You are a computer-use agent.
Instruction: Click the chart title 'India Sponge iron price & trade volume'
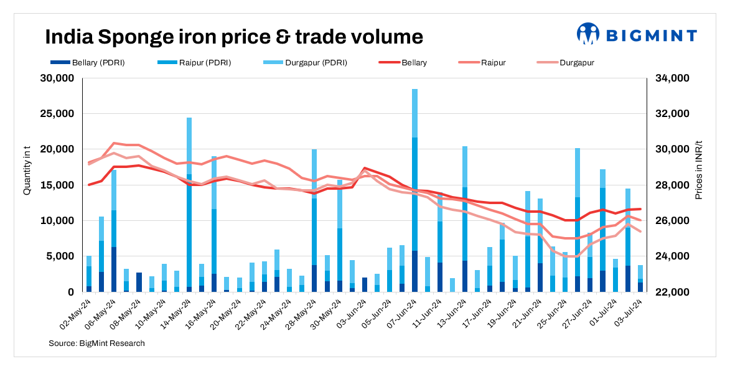[x=233, y=37]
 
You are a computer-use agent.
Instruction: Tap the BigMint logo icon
[x=587, y=34]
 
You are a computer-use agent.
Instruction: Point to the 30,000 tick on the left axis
[x=57, y=78]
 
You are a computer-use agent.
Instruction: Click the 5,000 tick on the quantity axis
[x=60, y=256]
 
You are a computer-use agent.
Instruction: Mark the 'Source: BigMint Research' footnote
[x=96, y=343]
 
